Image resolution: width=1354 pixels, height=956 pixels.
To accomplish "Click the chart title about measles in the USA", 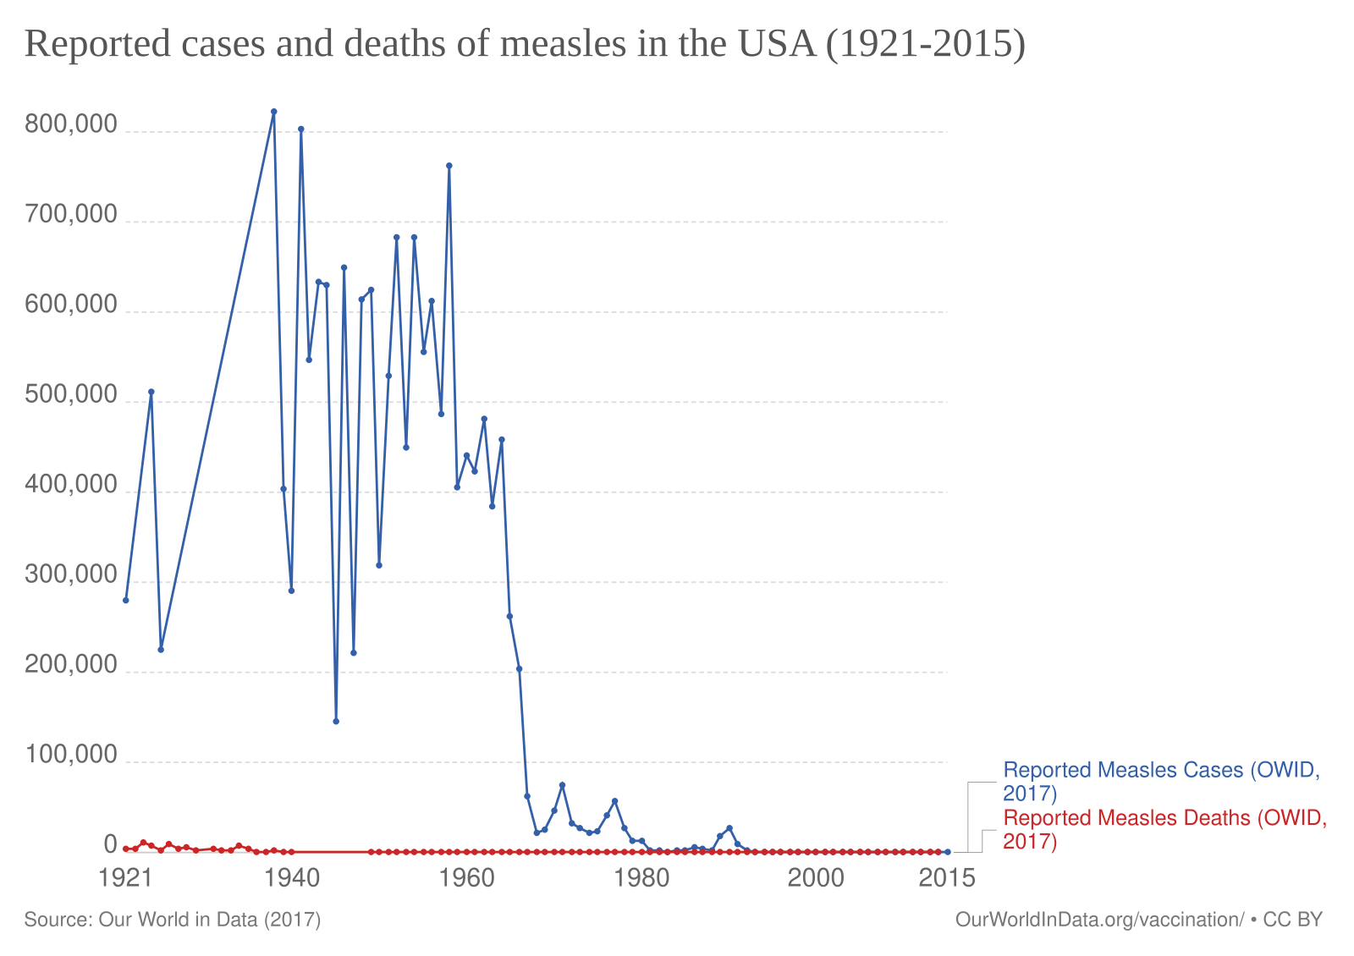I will click(x=525, y=44).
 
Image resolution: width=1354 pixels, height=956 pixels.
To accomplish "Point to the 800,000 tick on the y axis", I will click(x=71, y=124).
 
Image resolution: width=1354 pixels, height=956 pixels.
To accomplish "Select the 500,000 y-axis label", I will click(x=71, y=395).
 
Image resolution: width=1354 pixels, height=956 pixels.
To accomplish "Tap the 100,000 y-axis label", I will click(x=71, y=755).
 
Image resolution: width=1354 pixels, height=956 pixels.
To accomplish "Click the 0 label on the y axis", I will click(x=110, y=844).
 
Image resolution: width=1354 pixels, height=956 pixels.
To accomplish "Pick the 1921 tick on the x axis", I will click(x=125, y=878).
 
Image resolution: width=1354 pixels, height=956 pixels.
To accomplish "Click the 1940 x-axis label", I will click(x=292, y=878).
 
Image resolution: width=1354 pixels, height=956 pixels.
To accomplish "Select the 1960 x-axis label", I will click(x=466, y=878).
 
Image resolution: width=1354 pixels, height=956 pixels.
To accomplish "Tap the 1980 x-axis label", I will click(x=641, y=878).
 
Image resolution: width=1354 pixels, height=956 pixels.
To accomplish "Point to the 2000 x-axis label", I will click(x=816, y=878).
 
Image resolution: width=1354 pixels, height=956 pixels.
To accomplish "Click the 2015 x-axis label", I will click(x=947, y=878).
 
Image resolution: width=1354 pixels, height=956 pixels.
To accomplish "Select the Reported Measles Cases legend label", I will click(x=1160, y=781).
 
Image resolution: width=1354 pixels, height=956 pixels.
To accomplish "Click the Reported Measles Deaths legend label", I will click(x=1164, y=829).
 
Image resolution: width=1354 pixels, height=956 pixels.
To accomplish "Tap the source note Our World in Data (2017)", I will click(x=173, y=920).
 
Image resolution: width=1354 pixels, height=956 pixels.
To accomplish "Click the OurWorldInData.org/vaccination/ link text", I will click(x=1099, y=920).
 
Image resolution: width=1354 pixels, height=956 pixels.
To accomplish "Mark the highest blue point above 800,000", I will click(x=274, y=111).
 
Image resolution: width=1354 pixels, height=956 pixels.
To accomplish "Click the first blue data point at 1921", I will click(x=126, y=600).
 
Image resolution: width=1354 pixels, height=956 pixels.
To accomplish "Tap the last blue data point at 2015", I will click(x=947, y=852).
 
